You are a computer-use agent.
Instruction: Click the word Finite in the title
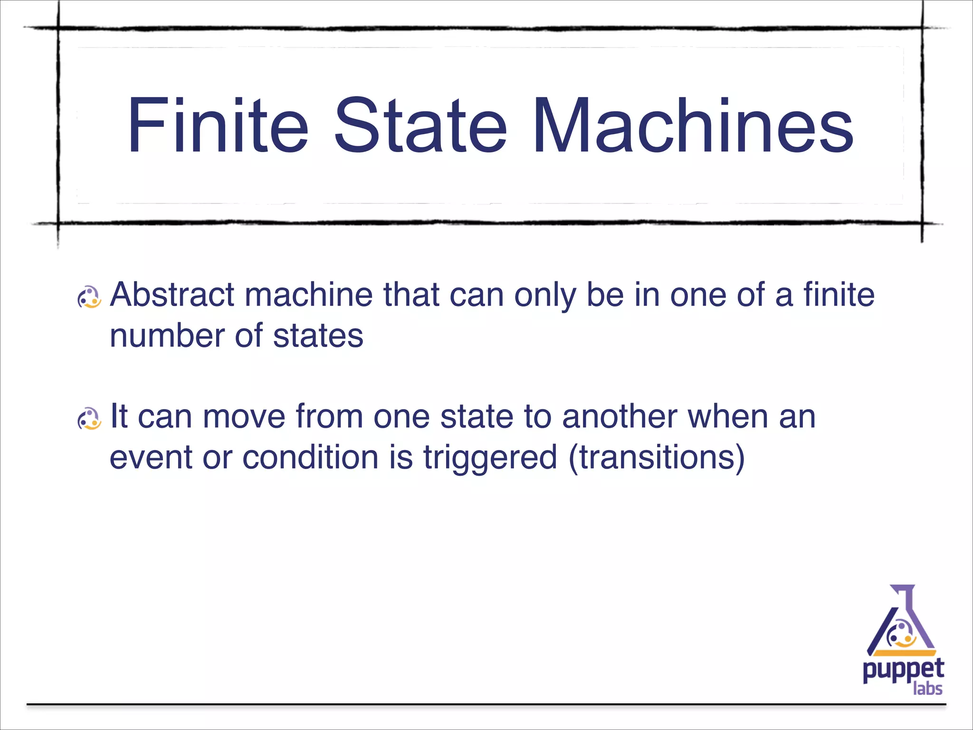[218, 125]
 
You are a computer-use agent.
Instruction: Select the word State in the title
[420, 125]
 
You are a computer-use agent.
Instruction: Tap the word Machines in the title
[693, 125]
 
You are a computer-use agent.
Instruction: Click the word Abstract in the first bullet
[172, 295]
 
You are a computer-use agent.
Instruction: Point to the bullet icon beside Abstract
[89, 298]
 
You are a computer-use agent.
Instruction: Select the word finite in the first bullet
[839, 295]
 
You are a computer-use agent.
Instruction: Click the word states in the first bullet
[318, 336]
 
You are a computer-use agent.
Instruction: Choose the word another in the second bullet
[620, 416]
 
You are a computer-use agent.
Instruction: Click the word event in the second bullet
[151, 457]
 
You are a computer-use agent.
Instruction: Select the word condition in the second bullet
[310, 457]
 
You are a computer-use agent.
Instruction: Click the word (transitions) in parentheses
[656, 457]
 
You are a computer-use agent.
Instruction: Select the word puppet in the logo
[903, 671]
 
